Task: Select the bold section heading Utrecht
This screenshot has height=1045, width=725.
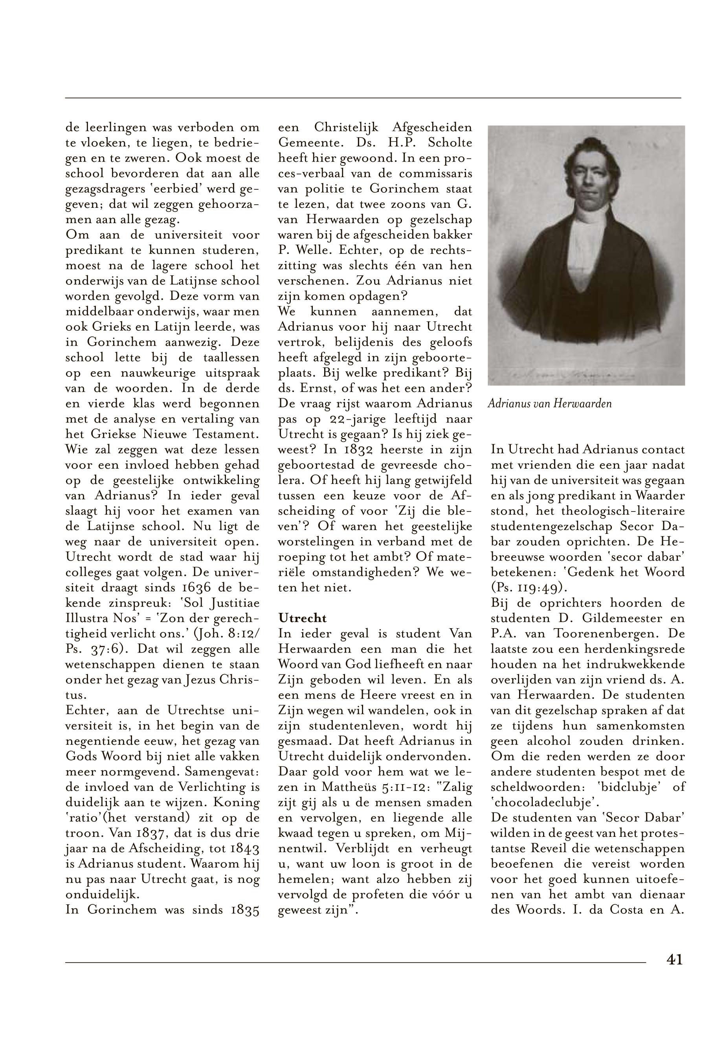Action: tap(302, 618)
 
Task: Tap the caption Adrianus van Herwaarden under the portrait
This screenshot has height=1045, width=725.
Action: tap(549, 403)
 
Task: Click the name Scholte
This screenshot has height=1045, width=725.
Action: tap(450, 143)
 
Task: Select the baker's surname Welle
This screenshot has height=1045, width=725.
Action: tap(323, 250)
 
